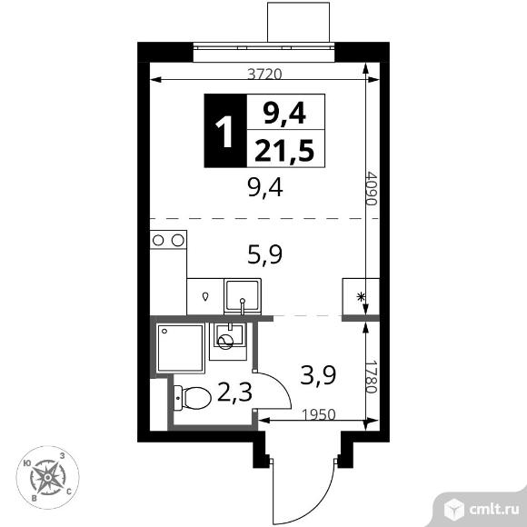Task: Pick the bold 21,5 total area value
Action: click(x=284, y=152)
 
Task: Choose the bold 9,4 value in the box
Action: click(x=284, y=113)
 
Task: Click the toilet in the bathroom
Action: click(x=190, y=397)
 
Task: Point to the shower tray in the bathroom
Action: click(x=181, y=346)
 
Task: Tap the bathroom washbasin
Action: click(x=227, y=339)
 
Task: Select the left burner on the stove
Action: click(x=159, y=240)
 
